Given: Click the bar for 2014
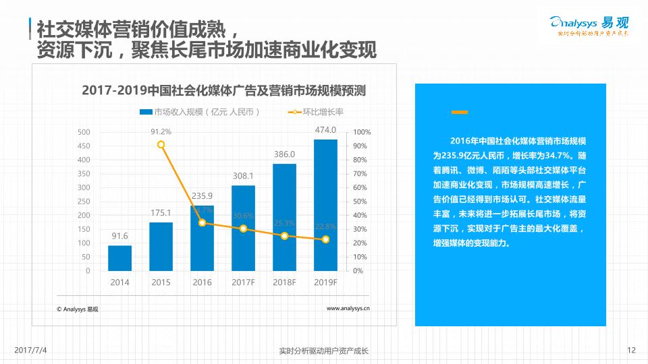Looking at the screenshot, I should click(119, 258).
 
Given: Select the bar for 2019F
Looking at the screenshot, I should click(325, 205).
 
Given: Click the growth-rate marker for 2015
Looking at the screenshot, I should click(161, 144).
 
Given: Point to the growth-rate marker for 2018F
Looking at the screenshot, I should click(284, 236).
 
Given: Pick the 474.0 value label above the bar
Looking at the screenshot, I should click(325, 130).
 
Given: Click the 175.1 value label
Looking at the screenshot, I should click(161, 213).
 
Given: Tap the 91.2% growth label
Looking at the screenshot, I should click(161, 131).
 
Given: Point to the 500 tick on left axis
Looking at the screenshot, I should click(84, 132).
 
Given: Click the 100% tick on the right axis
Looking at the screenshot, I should click(362, 132).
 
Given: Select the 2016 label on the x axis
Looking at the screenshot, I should click(202, 282).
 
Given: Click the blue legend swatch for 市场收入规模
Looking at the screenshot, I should click(146, 112).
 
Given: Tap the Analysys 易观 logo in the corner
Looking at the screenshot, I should click(590, 25).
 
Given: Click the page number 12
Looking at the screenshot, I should click(631, 350).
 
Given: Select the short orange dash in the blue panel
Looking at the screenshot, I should click(460, 112).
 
